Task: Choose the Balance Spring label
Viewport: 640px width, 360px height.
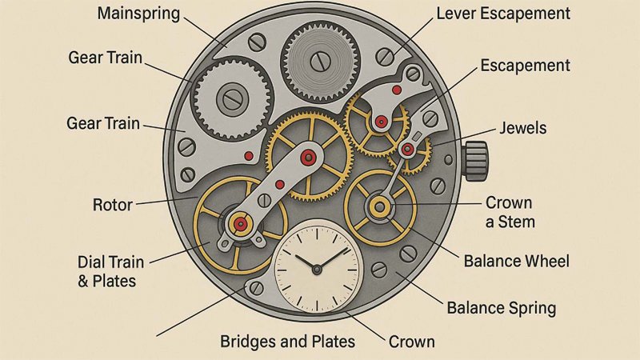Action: coord(501,308)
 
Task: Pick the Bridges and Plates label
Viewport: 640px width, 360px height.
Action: coord(287,342)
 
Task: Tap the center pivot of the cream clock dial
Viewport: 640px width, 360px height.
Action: coord(318,265)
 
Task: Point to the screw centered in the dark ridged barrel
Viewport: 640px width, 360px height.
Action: coord(318,58)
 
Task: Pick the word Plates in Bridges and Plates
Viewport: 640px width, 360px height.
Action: coord(332,342)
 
